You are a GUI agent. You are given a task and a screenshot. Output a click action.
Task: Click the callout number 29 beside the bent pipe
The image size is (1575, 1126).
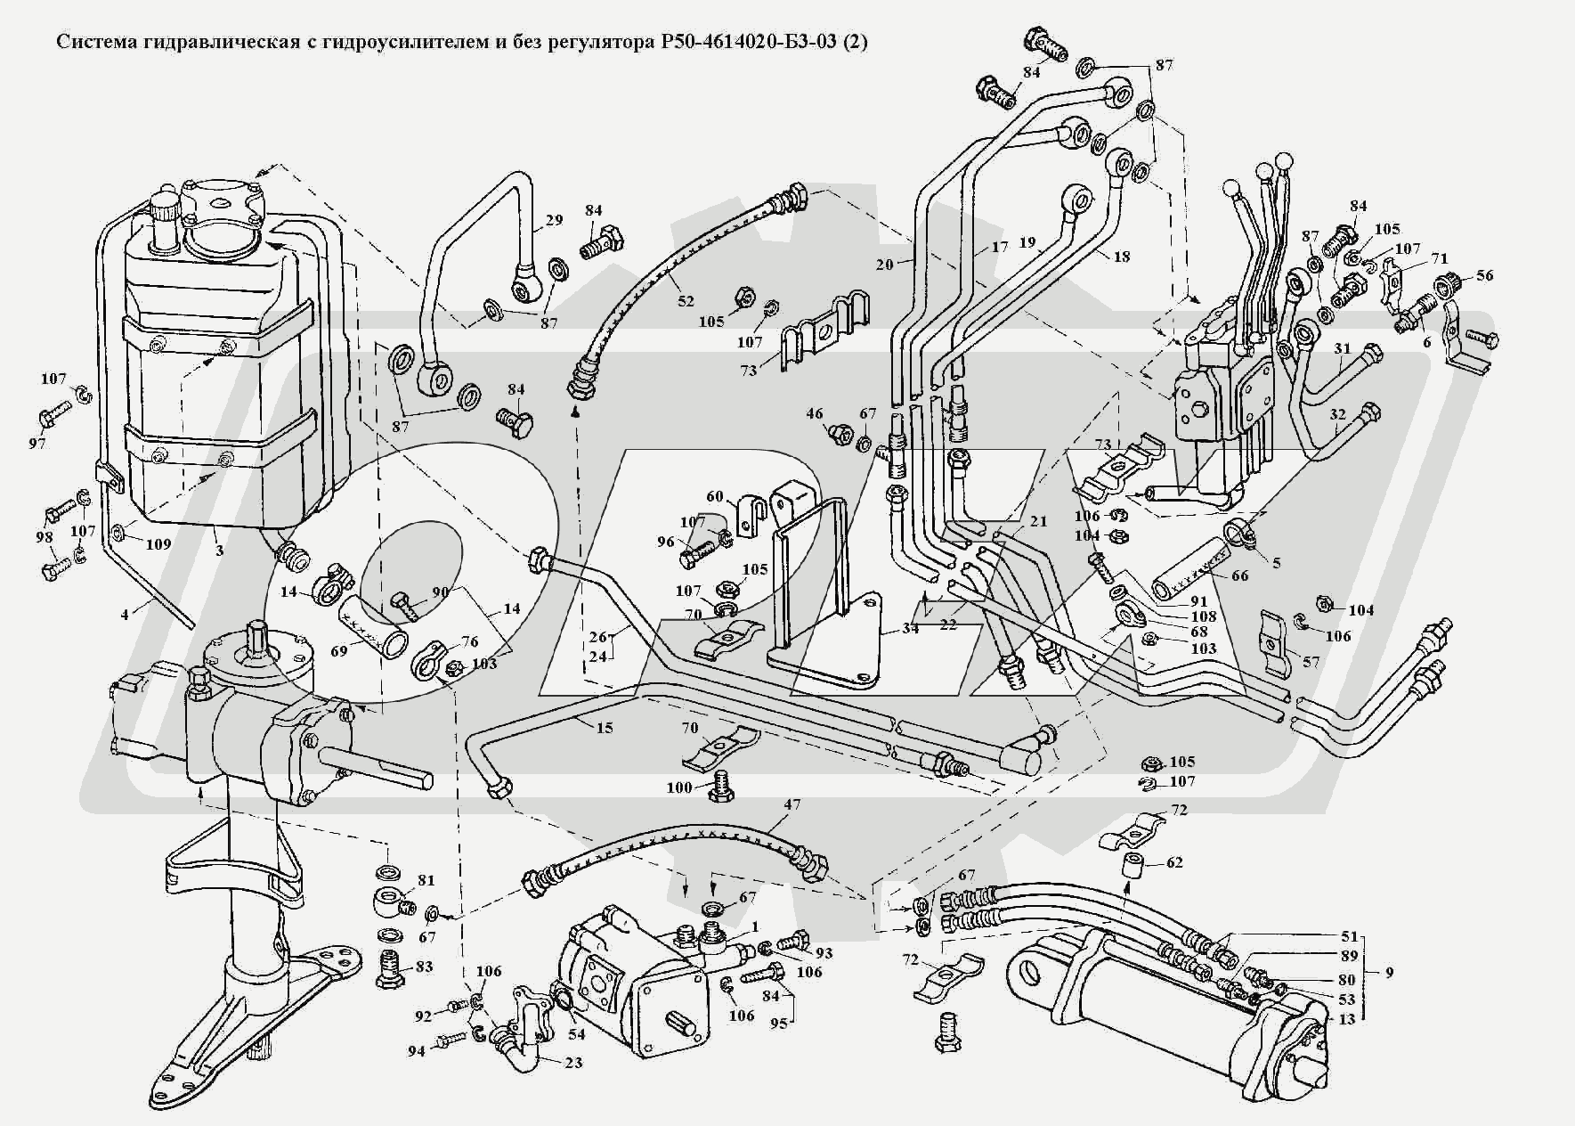click(x=554, y=220)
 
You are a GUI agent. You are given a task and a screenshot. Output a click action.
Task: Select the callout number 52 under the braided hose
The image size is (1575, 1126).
click(x=685, y=301)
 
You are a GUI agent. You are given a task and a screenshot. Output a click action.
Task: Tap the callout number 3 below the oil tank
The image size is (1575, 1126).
click(x=219, y=551)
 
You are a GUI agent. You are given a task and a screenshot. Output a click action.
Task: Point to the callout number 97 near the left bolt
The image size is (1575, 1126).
click(x=37, y=443)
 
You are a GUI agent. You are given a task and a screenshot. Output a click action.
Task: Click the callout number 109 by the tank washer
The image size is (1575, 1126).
click(x=158, y=543)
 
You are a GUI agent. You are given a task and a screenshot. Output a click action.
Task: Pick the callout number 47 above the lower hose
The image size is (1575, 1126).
click(x=792, y=804)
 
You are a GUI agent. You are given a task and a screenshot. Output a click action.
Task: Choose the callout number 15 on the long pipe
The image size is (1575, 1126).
click(x=605, y=727)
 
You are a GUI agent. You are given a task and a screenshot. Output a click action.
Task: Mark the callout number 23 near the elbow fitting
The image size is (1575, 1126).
click(x=573, y=1063)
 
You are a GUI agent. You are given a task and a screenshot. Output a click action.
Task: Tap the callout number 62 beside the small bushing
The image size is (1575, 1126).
click(x=1174, y=862)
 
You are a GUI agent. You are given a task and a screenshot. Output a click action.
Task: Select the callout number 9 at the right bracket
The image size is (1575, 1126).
click(x=1389, y=973)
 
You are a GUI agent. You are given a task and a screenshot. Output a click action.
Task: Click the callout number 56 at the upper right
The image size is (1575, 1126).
click(x=1484, y=275)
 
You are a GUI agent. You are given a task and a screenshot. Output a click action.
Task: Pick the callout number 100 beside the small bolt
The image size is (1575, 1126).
click(x=679, y=787)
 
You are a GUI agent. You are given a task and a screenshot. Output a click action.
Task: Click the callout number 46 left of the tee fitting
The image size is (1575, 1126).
click(x=815, y=413)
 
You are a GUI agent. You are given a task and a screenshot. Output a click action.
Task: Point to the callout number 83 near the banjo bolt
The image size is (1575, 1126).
click(x=424, y=967)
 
